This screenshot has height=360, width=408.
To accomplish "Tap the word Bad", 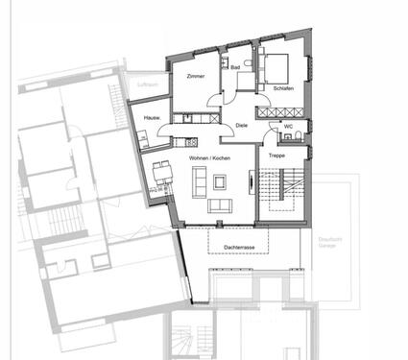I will tap(235, 68).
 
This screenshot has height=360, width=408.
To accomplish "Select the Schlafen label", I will tap(282, 88).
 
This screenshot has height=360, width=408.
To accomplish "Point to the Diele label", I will tap(241, 125).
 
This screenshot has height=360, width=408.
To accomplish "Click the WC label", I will tap(288, 126).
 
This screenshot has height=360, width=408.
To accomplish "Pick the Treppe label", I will tap(276, 155).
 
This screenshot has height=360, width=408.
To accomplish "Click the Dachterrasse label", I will tap(239, 247).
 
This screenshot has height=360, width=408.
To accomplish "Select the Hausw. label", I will tap(152, 118).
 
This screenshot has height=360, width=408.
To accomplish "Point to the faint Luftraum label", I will tap(147, 85).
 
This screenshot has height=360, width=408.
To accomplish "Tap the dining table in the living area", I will tap(159, 177).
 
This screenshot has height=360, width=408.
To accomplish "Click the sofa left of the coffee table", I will tap(198, 180).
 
